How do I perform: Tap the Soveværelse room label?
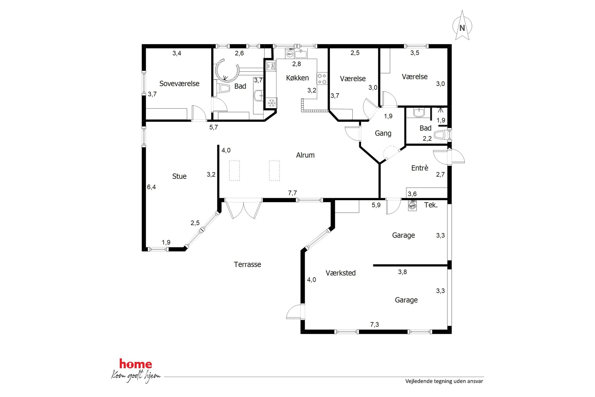179,83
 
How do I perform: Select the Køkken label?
297,78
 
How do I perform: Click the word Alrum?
305,155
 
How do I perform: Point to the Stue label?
179,176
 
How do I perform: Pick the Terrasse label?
247,264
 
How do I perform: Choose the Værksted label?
341,273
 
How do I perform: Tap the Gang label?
383,133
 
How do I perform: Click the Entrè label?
420,168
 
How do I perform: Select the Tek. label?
431,205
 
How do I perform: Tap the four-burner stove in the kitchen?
322,79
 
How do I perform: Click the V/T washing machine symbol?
412,206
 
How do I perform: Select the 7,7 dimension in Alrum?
292,193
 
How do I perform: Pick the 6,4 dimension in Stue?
151,187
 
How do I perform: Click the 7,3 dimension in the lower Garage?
375,324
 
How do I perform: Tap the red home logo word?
136,364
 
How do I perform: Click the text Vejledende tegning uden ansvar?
444,381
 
